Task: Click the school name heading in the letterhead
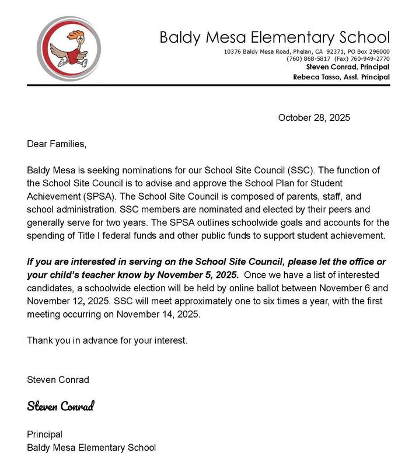(x=274, y=38)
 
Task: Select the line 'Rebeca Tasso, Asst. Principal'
(x=341, y=77)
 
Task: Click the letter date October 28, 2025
(x=314, y=118)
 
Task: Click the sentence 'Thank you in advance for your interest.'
(x=107, y=340)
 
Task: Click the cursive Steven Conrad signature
(x=60, y=406)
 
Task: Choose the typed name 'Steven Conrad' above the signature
(x=58, y=380)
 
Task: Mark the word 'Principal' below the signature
(x=45, y=434)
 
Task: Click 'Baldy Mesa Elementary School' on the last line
(x=92, y=448)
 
